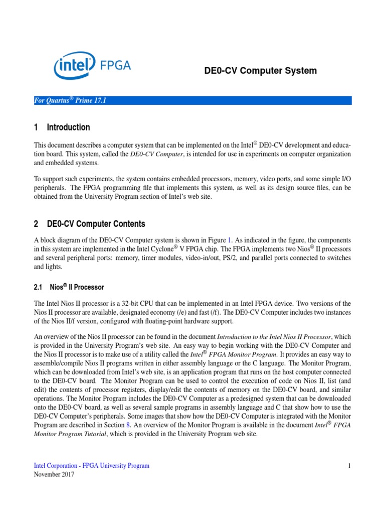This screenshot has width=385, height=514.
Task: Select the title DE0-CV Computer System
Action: pos(260,71)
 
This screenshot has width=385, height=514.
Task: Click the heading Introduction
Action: pos(68,127)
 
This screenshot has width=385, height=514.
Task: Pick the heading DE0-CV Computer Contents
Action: pos(96,224)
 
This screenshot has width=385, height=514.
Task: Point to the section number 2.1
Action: pos(39,287)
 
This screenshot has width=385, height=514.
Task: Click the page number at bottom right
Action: pos(349,466)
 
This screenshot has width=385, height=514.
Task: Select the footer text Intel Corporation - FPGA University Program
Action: pos(91,466)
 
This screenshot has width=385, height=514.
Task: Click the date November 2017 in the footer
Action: pos(54,474)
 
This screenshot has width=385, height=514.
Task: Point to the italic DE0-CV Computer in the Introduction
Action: pos(157,154)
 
